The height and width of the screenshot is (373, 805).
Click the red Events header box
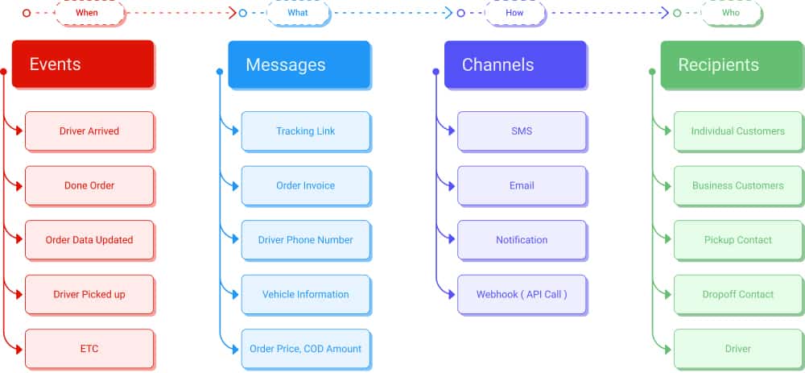tap(83, 64)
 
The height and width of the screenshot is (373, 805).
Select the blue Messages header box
tap(299, 64)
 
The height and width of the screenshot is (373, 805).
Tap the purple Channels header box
tap(515, 64)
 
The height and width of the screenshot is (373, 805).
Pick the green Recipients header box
tap(732, 64)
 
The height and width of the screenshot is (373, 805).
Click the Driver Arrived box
tap(89, 131)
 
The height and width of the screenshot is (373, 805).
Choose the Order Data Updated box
tap(89, 240)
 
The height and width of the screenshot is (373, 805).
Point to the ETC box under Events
tap(89, 349)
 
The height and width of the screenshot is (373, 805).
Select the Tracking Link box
tap(305, 131)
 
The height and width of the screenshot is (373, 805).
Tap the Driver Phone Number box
tap(305, 240)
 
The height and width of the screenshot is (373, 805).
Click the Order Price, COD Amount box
tap(305, 349)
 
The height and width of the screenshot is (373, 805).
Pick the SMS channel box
tap(522, 131)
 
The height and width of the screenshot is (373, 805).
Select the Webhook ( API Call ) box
tap(522, 294)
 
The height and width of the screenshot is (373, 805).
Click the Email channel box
tap(522, 185)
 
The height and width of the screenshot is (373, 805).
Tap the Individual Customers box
tap(738, 131)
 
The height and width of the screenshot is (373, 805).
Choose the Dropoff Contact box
tap(738, 294)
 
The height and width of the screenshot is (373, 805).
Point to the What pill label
tap(298, 13)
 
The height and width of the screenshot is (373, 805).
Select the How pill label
tap(515, 13)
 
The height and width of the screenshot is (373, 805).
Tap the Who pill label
tap(731, 13)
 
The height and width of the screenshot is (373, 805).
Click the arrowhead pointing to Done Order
tap(19, 185)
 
